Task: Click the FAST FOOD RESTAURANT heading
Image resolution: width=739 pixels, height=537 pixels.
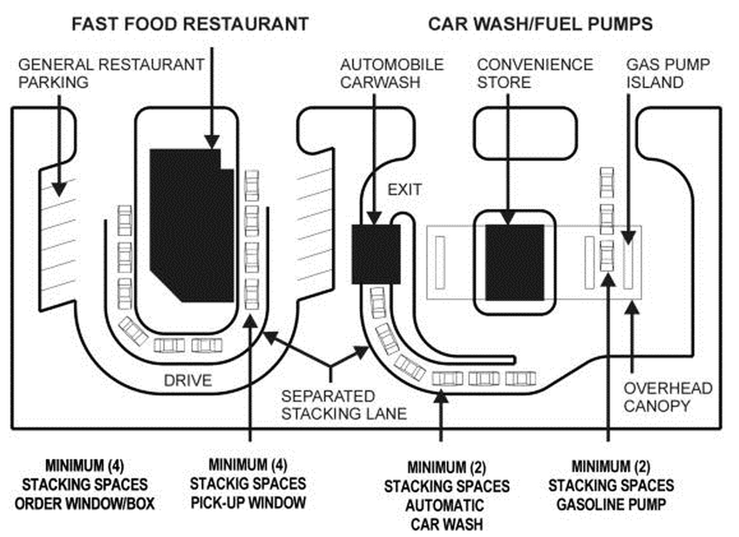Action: pyautogui.click(x=190, y=24)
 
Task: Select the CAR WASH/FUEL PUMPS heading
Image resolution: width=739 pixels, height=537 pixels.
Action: pyautogui.click(x=540, y=24)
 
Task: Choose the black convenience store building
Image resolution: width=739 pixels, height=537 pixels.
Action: pyautogui.click(x=515, y=263)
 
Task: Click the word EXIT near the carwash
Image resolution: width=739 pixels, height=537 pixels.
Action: pyautogui.click(x=405, y=189)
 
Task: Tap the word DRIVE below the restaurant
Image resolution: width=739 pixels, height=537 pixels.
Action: pyautogui.click(x=187, y=380)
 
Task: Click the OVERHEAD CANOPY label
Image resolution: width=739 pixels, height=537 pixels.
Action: pyautogui.click(x=668, y=397)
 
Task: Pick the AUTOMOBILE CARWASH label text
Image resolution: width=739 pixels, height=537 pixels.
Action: pyautogui.click(x=392, y=73)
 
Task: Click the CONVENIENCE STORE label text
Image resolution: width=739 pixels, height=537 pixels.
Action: pyautogui.click(x=535, y=73)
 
